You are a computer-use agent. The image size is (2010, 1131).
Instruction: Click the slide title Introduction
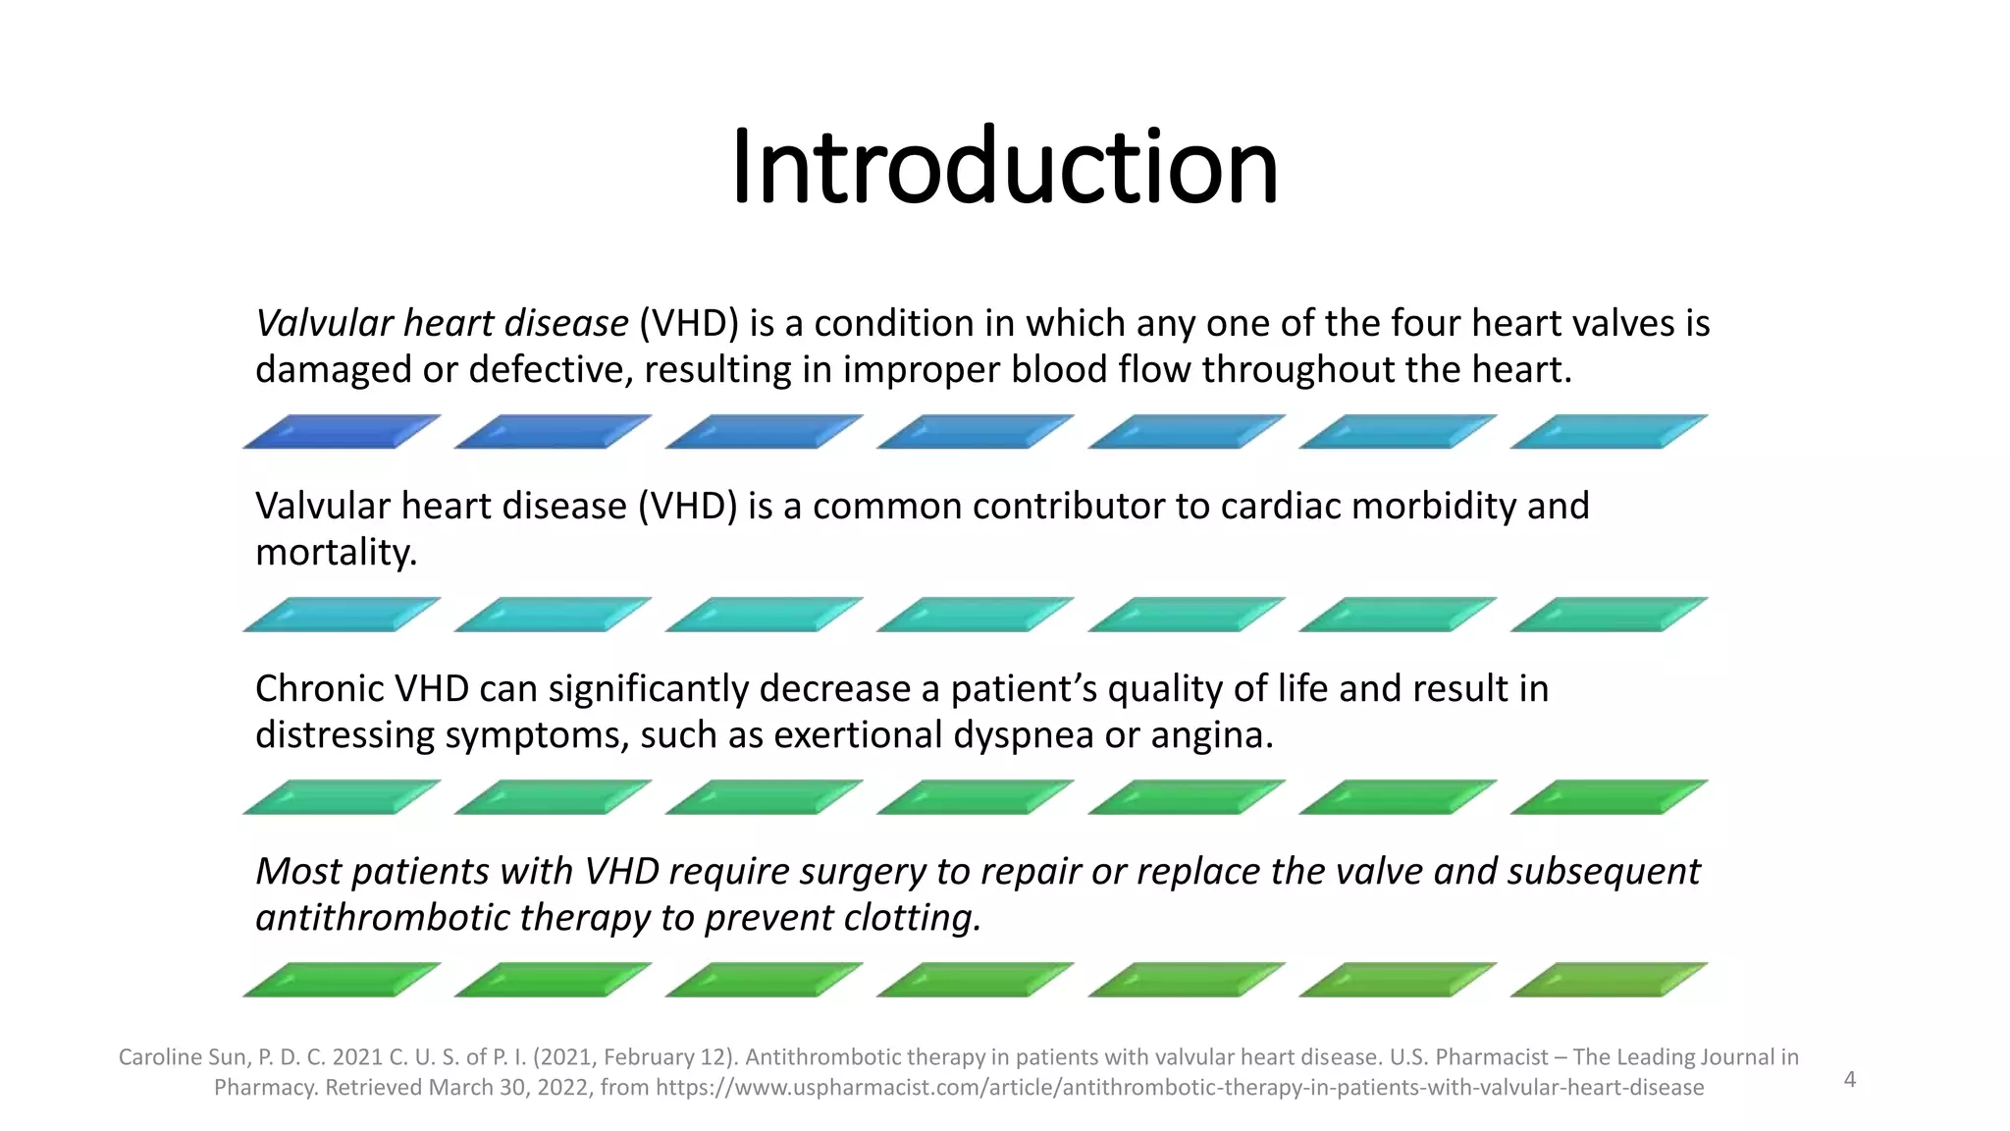click(1004, 167)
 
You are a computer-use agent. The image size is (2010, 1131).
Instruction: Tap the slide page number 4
click(1849, 1080)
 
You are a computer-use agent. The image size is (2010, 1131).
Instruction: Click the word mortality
click(336, 553)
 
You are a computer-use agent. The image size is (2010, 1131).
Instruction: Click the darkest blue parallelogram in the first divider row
click(341, 432)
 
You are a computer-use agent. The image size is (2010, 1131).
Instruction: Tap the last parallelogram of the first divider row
click(1608, 432)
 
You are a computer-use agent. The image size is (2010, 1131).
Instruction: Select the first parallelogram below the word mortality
click(341, 615)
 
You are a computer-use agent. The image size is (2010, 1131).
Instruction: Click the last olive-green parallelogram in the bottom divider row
click(1608, 980)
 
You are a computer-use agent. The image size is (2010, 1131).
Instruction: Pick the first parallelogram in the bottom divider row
click(341, 980)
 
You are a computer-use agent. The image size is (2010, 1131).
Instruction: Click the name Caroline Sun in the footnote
click(183, 1057)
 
